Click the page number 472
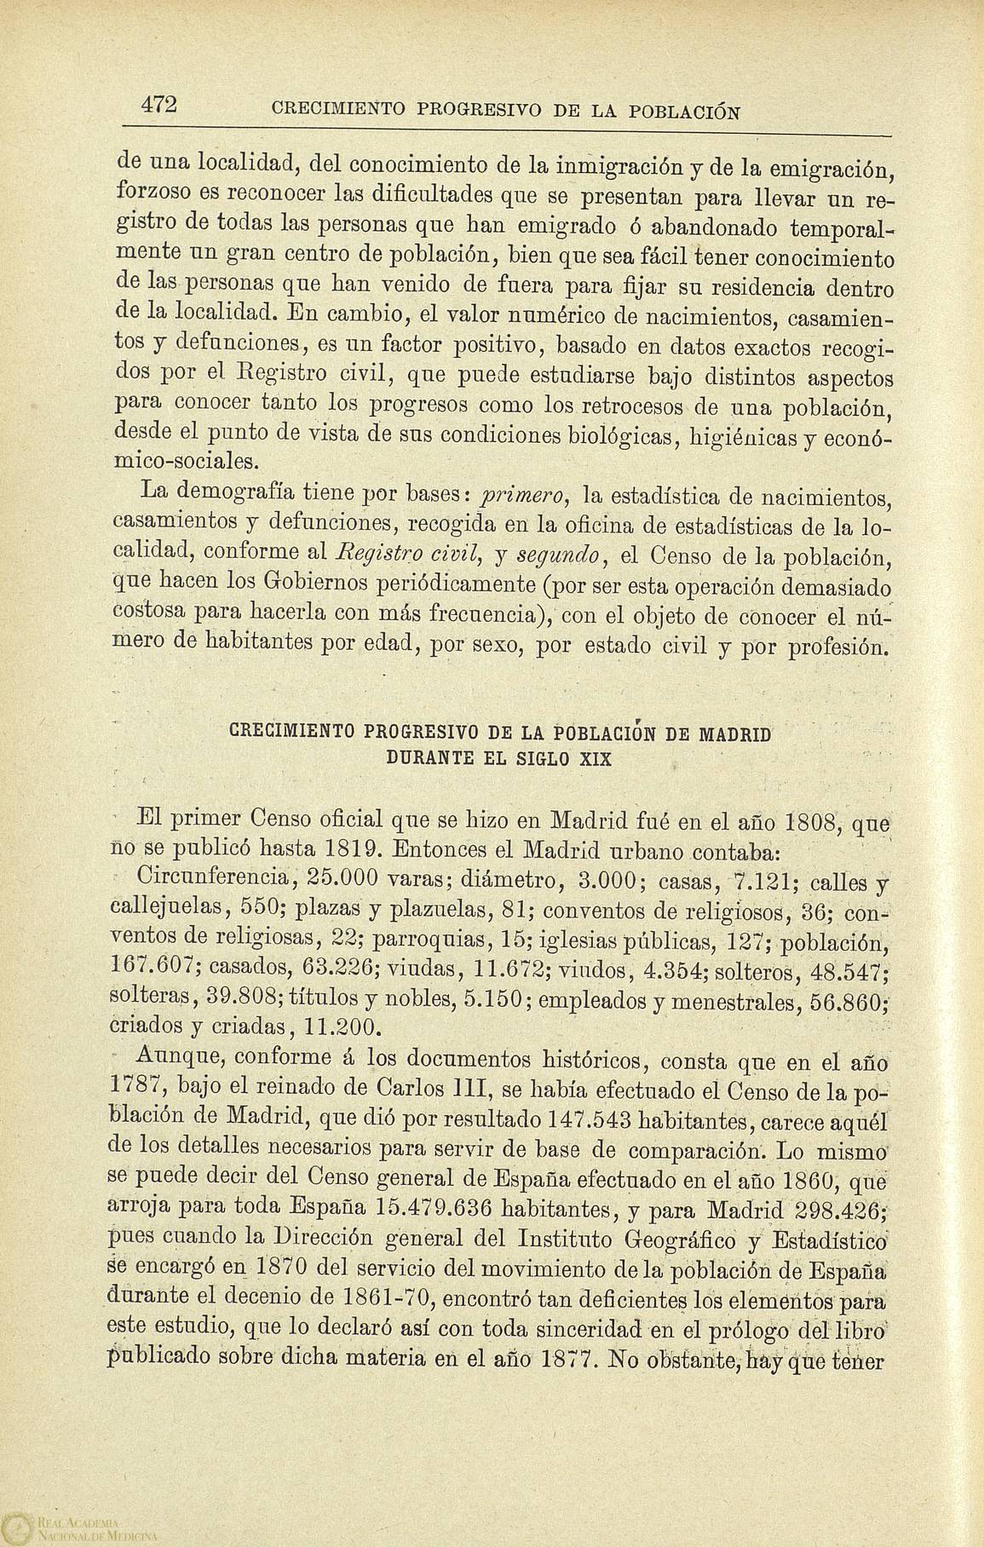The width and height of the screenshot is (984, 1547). [x=158, y=103]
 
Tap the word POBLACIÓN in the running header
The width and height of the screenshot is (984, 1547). [x=684, y=111]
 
